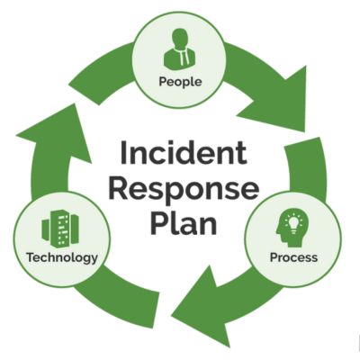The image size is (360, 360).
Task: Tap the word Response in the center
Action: [184, 189]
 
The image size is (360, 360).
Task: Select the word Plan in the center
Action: [184, 222]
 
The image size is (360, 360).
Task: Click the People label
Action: [180, 81]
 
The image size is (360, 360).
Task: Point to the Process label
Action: [293, 257]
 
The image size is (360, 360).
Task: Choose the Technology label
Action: [62, 257]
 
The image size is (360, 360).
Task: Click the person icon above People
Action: [180, 49]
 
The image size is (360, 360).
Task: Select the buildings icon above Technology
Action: [60, 227]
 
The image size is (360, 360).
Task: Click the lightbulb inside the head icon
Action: [294, 223]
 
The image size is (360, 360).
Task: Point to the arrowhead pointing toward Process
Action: [277, 101]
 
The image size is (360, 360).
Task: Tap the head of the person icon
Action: [180, 40]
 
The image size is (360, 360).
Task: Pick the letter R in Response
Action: [118, 189]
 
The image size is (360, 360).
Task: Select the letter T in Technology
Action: [31, 257]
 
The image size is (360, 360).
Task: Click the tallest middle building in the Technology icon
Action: [60, 227]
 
